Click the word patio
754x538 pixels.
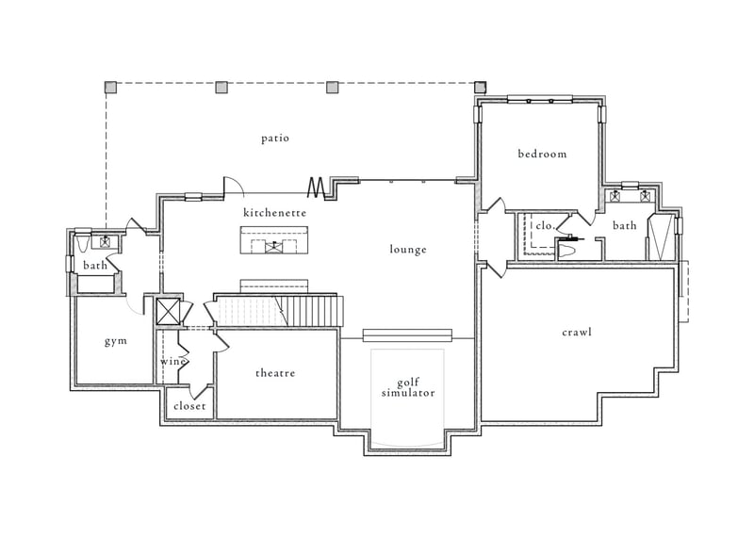tap(275, 139)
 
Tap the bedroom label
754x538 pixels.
tap(542, 154)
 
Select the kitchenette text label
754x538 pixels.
tap(275, 213)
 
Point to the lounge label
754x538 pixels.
tap(408, 250)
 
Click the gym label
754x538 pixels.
tap(116, 341)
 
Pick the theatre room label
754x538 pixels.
tap(275, 373)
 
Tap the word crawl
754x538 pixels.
tap(577, 333)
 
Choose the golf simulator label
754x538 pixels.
tap(408, 387)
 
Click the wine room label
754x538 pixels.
tap(173, 362)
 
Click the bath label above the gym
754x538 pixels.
tap(95, 266)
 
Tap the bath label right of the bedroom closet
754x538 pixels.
tap(625, 226)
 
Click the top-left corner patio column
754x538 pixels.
tap(110, 88)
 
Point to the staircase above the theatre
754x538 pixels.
tap(278, 310)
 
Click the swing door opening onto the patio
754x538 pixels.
tap(232, 187)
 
